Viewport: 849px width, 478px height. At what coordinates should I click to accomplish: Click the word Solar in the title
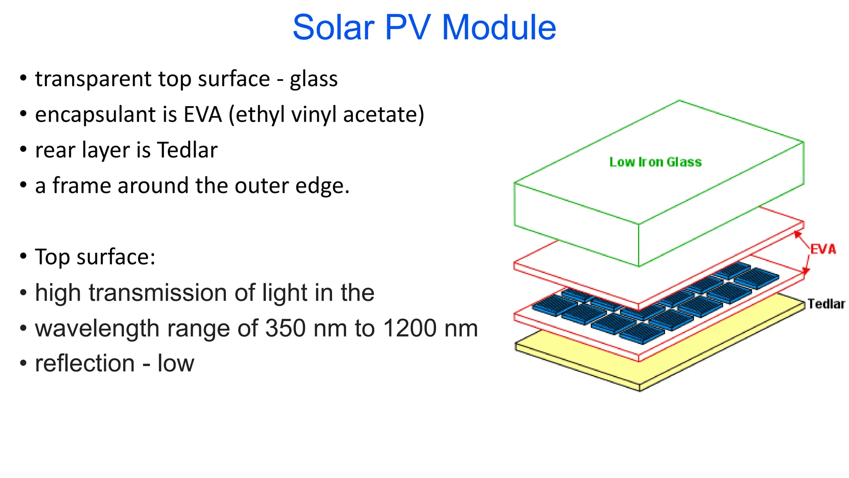coord(333,27)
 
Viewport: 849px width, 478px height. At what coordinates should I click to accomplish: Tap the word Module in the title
coord(499,27)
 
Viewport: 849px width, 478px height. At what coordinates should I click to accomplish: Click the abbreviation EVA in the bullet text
coord(203,115)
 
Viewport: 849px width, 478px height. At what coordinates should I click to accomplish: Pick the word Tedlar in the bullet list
coord(187,150)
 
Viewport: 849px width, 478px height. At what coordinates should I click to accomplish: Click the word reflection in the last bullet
coord(85,364)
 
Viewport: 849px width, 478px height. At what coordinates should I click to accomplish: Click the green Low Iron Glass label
coord(655,162)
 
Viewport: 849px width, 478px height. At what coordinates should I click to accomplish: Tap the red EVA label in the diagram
coord(823,249)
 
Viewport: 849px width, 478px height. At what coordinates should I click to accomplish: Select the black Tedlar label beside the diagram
coord(826,304)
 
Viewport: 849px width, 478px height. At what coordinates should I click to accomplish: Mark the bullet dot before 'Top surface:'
coord(23,256)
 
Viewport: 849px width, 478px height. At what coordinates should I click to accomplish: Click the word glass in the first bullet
coord(314,79)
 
